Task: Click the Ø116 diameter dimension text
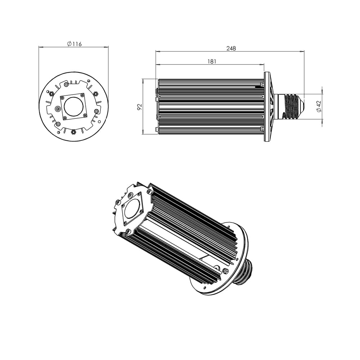point(75,44)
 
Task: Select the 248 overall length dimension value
point(231,48)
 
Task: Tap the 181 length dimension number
point(212,61)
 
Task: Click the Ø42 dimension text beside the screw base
point(319,106)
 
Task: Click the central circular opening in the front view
point(73,106)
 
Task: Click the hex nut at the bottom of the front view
point(73,132)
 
